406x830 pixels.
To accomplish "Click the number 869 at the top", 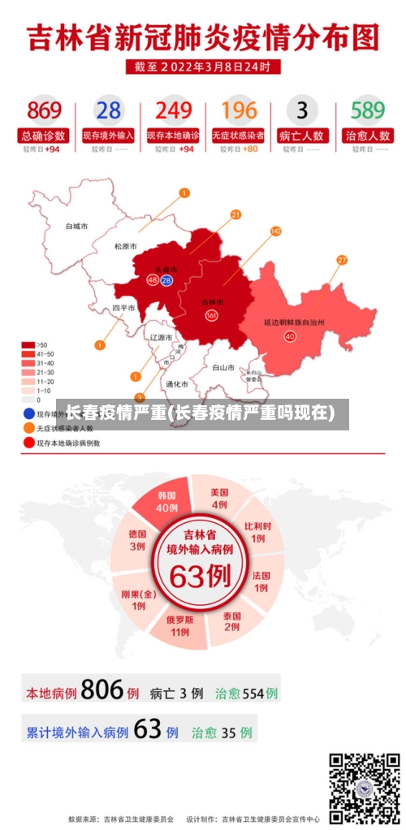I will pyautogui.click(x=44, y=110).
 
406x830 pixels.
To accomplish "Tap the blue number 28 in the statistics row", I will pyautogui.click(x=108, y=110).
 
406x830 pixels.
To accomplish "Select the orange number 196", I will pyautogui.click(x=239, y=110).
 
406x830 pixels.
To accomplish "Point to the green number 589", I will pyautogui.click(x=367, y=110).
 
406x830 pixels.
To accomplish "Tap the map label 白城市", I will pyautogui.click(x=76, y=226).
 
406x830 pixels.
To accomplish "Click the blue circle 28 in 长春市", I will pyautogui.click(x=166, y=280).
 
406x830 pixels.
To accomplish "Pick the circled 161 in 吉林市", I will pyautogui.click(x=211, y=315).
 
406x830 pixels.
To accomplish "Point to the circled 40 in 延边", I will pyautogui.click(x=289, y=335).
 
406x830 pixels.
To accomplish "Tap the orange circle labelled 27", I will pyautogui.click(x=342, y=260).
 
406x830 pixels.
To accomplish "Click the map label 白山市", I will pyautogui.click(x=222, y=367).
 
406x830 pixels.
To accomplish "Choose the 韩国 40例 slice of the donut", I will pyautogui.click(x=166, y=501).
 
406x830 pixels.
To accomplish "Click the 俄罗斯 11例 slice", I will pyautogui.click(x=179, y=625).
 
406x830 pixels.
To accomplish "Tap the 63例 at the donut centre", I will pyautogui.click(x=200, y=576).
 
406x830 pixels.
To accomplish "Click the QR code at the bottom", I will pyautogui.click(x=364, y=787).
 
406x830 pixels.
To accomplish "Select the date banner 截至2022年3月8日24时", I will pyautogui.click(x=203, y=66).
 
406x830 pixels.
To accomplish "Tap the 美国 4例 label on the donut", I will pyautogui.click(x=219, y=498).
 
